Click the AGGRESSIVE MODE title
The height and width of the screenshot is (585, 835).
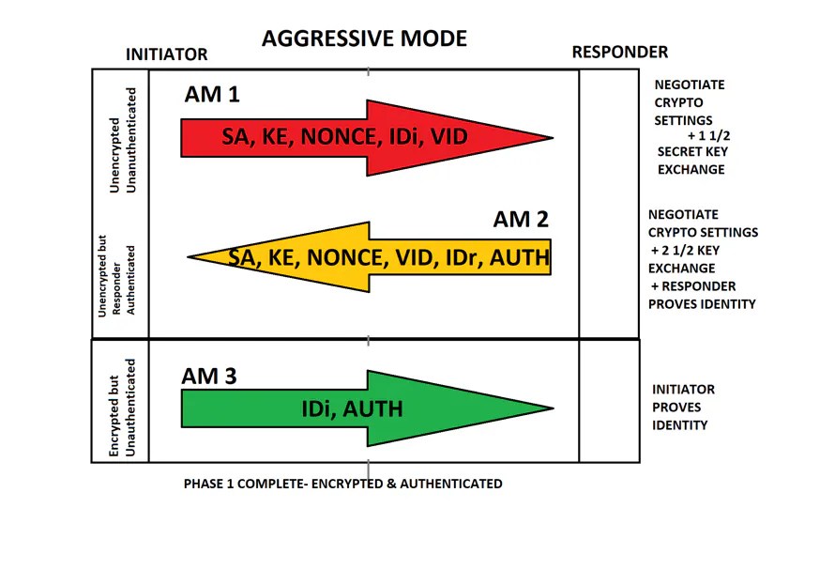pos(364,39)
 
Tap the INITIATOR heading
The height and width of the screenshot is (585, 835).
pos(166,55)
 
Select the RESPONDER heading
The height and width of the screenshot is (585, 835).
pos(619,53)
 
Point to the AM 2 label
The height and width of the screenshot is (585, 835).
pos(520,220)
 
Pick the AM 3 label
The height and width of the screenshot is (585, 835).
pos(208,377)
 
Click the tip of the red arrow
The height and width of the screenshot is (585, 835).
pos(551,138)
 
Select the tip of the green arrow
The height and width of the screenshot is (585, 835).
pos(552,408)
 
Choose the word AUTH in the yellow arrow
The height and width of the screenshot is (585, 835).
pos(518,256)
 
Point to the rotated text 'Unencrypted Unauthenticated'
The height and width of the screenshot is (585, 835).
pos(121,141)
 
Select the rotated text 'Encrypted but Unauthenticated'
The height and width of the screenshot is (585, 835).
pos(121,408)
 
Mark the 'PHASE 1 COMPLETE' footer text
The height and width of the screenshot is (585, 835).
pos(342,485)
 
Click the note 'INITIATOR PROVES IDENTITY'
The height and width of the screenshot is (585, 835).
pos(683,408)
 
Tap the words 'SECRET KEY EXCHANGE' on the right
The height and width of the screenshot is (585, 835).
pos(691,161)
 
